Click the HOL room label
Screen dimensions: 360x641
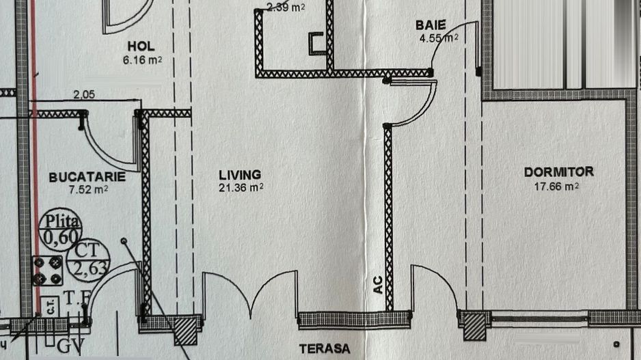[x=141, y=46]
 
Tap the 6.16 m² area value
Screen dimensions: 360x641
[x=141, y=60]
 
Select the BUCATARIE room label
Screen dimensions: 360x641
[x=87, y=177]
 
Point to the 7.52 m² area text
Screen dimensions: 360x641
[x=87, y=190]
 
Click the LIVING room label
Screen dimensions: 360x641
[x=239, y=175]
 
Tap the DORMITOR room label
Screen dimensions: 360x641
[x=558, y=172]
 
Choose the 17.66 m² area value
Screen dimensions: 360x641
[x=552, y=185]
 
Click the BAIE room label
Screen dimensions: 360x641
[x=431, y=25]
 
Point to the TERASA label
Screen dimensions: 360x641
[x=324, y=349]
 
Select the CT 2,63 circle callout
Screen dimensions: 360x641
[x=88, y=259]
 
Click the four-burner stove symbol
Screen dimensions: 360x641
[x=49, y=271]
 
